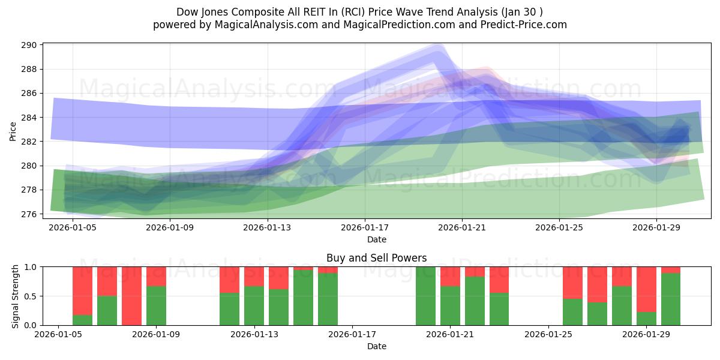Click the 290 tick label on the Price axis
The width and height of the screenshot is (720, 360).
pos(29,45)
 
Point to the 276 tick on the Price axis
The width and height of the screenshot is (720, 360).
pos(29,214)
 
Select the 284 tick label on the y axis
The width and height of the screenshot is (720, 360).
pos(29,118)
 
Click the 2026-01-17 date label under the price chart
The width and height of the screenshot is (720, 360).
pos(365,228)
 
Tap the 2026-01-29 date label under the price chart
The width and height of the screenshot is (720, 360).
pos(656,228)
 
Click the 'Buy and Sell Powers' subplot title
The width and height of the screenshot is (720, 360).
pos(376,258)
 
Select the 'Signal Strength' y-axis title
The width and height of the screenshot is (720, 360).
pos(15,296)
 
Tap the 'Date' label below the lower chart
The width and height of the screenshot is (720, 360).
pos(376,346)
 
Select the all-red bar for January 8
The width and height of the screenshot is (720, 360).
pos(131,296)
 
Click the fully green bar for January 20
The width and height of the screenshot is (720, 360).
pos(425,296)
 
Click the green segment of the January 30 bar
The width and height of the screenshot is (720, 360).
pos(670,299)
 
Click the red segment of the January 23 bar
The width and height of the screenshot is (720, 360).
pos(499,280)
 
